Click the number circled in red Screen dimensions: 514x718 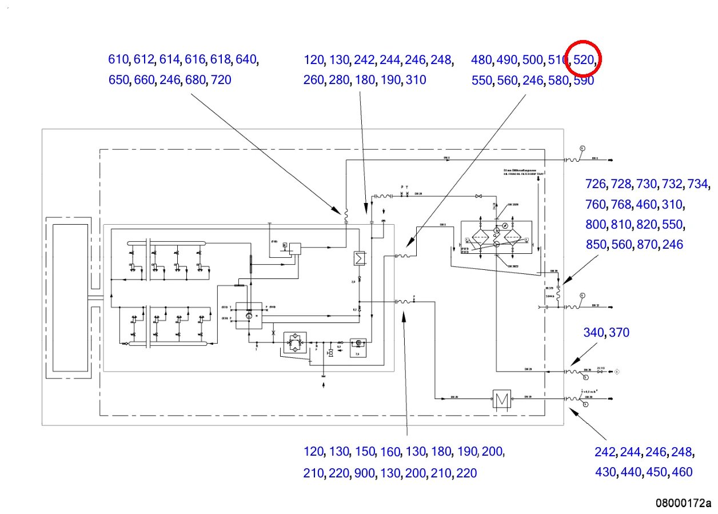(x=583, y=59)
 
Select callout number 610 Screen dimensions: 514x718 (x=118, y=59)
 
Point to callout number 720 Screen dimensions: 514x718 (x=221, y=80)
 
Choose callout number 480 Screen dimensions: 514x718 (x=481, y=59)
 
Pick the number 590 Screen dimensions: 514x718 (x=584, y=81)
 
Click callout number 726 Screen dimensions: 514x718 (x=596, y=184)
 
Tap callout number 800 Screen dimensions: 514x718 (x=596, y=225)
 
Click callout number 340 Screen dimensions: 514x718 (x=593, y=333)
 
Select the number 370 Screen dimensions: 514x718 (x=619, y=333)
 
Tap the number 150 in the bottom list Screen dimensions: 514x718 (x=364, y=452)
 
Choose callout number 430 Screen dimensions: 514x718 (x=605, y=472)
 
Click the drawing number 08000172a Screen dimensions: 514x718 (x=683, y=503)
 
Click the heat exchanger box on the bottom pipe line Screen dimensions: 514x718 (x=503, y=398)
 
